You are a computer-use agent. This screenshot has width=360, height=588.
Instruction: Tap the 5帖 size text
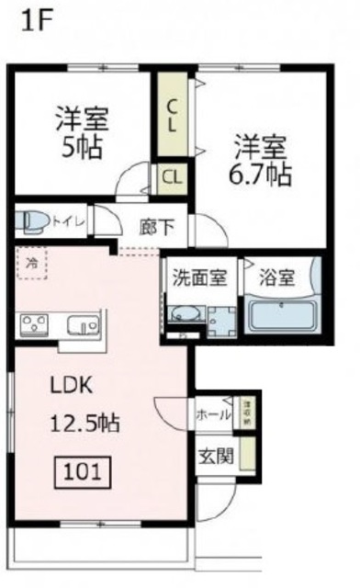[80, 147]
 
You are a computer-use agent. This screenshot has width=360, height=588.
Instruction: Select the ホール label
[213, 414]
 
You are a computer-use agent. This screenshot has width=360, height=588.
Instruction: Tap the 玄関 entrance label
[218, 456]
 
